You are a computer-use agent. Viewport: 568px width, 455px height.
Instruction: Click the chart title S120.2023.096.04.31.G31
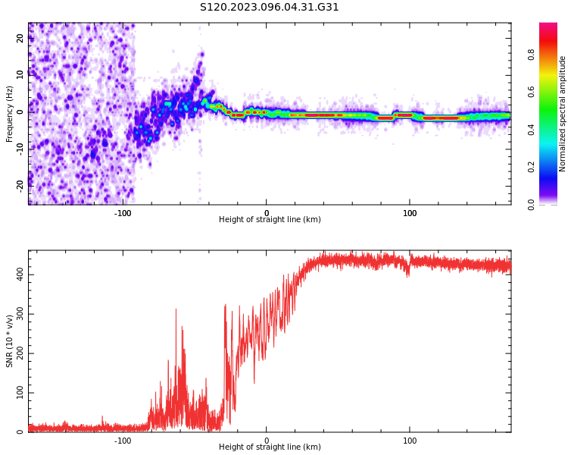pyautogui.click(x=270, y=8)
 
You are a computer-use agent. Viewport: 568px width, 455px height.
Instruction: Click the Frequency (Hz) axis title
pyautogui.click(x=10, y=113)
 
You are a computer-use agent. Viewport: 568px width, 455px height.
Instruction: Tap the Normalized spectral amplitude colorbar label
pyautogui.click(x=563, y=113)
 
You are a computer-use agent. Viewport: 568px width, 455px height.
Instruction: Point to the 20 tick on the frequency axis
pyautogui.click(x=20, y=39)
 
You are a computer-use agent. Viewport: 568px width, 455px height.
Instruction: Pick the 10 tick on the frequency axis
pyautogui.click(x=20, y=75)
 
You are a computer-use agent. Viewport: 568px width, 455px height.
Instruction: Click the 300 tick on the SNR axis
pyautogui.click(x=20, y=312)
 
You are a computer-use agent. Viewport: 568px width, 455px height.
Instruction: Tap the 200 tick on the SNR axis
pyautogui.click(x=20, y=353)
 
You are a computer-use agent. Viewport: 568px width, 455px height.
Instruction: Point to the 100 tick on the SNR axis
pyautogui.click(x=20, y=392)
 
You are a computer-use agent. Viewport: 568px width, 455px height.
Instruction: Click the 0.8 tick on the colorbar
pyautogui.click(x=552, y=55)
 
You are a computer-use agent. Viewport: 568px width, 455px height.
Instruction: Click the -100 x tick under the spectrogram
pyautogui.click(x=123, y=212)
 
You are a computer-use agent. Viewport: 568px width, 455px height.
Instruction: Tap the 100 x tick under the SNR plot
pyautogui.click(x=410, y=440)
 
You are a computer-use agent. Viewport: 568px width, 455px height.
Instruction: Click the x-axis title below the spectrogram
pyautogui.click(x=270, y=220)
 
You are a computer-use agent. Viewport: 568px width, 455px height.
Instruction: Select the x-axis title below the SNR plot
pyautogui.click(x=270, y=447)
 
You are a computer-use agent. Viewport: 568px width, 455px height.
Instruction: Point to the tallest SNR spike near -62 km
pyautogui.click(x=176, y=309)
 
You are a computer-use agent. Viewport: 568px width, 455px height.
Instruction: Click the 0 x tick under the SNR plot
pyautogui.click(x=267, y=440)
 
